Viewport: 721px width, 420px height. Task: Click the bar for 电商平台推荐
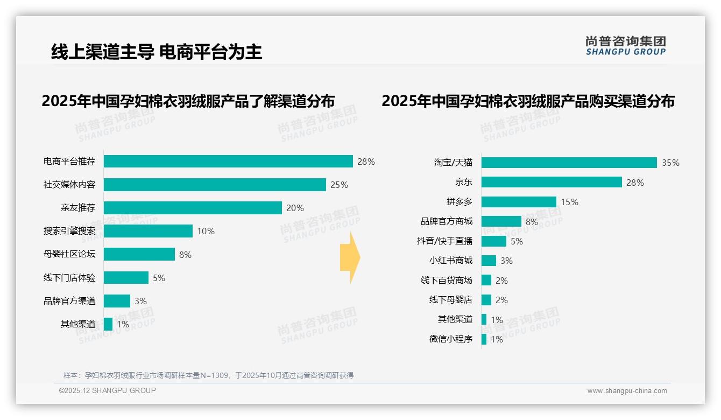click(228, 162)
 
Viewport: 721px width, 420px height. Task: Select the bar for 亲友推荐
click(193, 208)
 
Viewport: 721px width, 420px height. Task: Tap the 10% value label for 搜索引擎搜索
click(206, 232)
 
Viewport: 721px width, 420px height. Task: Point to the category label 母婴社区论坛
click(69, 254)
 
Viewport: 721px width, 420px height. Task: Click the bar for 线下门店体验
click(126, 278)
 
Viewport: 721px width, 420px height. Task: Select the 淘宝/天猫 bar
click(569, 163)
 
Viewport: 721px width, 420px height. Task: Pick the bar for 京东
click(552, 183)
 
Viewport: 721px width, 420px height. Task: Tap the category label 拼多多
click(459, 202)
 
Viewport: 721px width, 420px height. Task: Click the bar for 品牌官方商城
click(501, 221)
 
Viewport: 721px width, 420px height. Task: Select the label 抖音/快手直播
click(444, 241)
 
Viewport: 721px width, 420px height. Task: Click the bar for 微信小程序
click(484, 339)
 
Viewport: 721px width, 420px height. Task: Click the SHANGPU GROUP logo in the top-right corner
click(625, 46)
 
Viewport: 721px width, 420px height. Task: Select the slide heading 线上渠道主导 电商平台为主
click(157, 52)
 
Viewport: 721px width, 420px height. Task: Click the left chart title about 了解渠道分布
click(188, 101)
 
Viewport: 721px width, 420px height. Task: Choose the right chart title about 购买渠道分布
click(528, 101)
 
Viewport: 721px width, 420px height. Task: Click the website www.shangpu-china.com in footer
click(627, 391)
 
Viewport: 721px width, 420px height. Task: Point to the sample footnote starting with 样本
click(208, 375)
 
